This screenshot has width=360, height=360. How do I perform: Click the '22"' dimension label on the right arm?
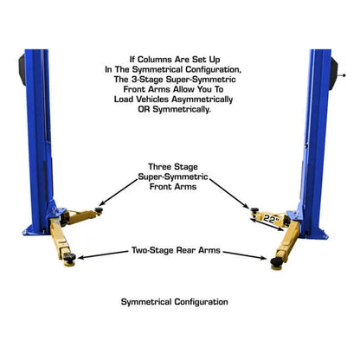pyautogui.click(x=273, y=219)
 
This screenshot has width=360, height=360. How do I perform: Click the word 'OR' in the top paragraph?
pyautogui.click(x=148, y=110)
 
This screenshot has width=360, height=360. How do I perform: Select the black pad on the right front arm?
pyautogui.click(x=253, y=209)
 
